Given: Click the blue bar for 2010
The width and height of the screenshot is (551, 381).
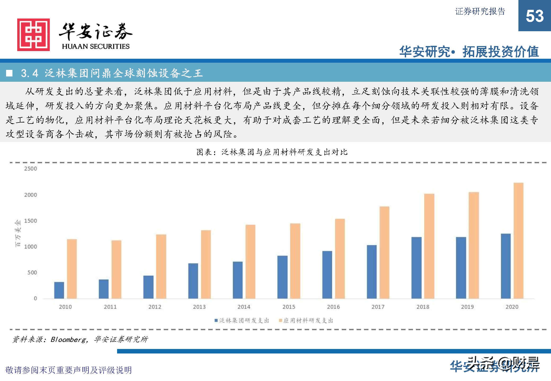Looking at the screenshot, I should [59, 290].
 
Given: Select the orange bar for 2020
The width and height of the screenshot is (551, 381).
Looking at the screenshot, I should [518, 241].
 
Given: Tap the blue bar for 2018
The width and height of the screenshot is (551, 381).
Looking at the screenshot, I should [416, 268].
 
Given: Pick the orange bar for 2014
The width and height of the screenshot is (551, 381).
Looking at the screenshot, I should [250, 262].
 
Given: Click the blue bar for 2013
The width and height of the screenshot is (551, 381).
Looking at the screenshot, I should [193, 281].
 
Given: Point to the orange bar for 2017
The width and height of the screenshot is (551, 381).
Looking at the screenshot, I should [384, 252].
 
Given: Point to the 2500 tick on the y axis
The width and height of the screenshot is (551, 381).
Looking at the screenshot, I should [30, 169].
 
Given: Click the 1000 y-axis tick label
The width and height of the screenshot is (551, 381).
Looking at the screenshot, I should [30, 247].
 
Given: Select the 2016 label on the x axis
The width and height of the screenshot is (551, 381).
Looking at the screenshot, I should [333, 307].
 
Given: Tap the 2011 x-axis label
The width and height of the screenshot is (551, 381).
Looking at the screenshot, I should [110, 307].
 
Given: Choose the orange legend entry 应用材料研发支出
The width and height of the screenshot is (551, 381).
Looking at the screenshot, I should [306, 321].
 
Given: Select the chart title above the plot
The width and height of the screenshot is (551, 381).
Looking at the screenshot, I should [272, 152].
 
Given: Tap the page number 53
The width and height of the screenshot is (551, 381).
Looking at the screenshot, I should [535, 16].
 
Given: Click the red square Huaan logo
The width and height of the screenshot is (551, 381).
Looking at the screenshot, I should [33, 35].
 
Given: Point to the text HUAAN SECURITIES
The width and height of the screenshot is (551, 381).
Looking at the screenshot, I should [96, 47].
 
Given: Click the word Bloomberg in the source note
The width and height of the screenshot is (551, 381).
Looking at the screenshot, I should [68, 339].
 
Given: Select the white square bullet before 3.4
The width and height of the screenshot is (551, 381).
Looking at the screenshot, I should [10, 73].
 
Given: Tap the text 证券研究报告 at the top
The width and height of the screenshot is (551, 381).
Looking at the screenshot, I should [480, 11].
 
